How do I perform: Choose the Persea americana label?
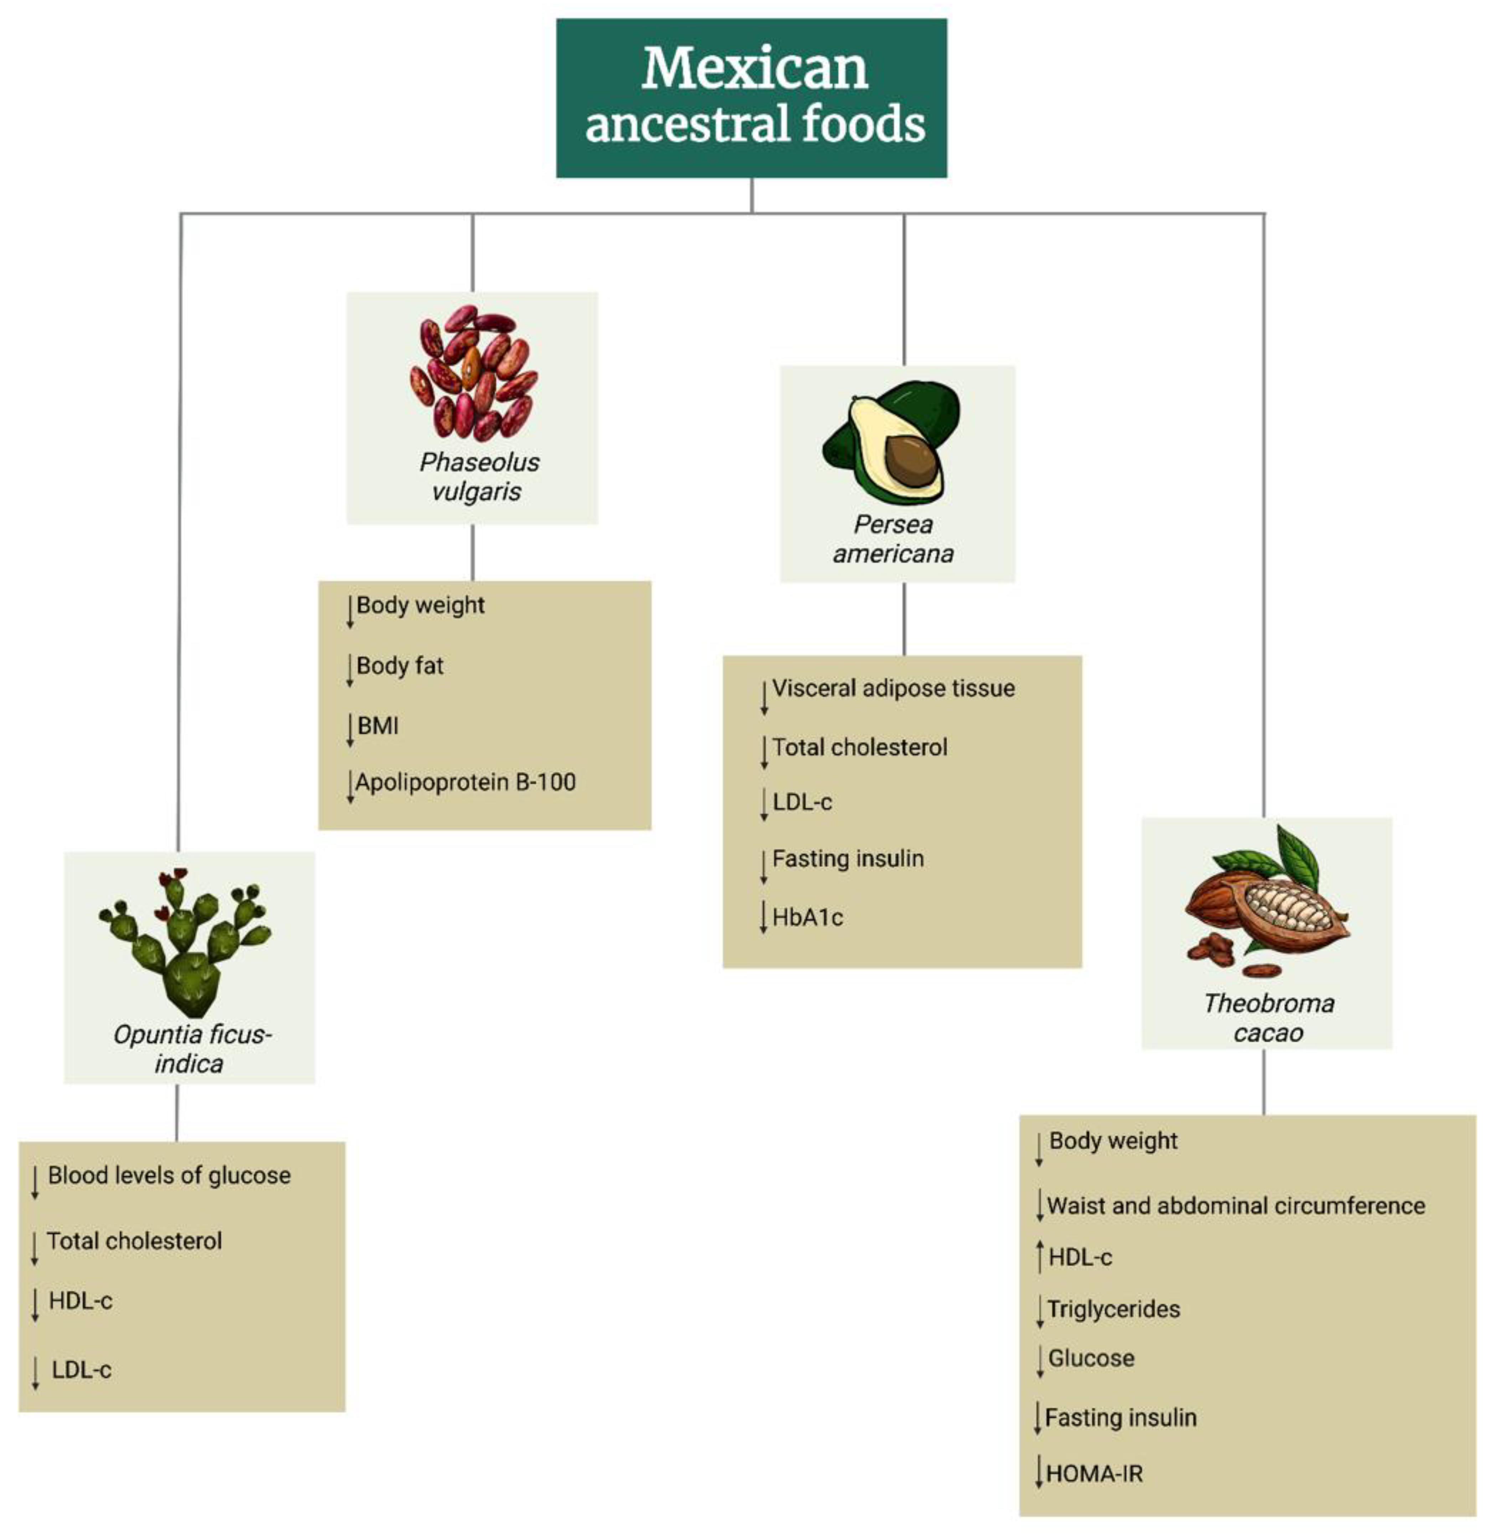coord(893,539)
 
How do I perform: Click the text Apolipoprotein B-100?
coord(465,783)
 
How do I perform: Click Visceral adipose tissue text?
coord(893,688)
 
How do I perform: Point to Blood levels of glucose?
coord(169,1176)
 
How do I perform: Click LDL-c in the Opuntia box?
coord(82,1370)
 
